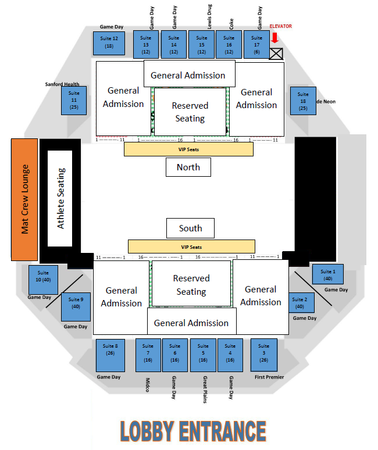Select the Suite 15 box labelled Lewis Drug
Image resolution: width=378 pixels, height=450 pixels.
(x=202, y=44)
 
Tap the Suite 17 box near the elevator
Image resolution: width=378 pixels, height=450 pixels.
(x=256, y=44)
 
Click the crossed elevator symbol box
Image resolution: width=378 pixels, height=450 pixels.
(x=276, y=53)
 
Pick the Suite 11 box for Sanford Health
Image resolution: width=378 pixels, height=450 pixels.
(x=74, y=100)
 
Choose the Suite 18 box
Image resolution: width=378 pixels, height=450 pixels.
(x=303, y=101)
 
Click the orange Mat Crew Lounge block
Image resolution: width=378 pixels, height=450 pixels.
(x=24, y=199)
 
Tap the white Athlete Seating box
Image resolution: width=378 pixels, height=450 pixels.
(x=60, y=198)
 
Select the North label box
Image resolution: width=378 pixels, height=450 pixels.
(x=188, y=167)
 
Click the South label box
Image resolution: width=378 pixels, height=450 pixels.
(x=190, y=228)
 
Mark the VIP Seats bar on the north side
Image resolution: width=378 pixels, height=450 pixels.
(x=188, y=149)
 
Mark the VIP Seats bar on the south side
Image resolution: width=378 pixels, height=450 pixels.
(x=191, y=247)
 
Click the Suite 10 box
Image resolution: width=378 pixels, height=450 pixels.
(x=44, y=280)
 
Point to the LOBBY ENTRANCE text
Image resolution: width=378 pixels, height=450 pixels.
(x=193, y=431)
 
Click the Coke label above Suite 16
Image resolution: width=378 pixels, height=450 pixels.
(x=231, y=23)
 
